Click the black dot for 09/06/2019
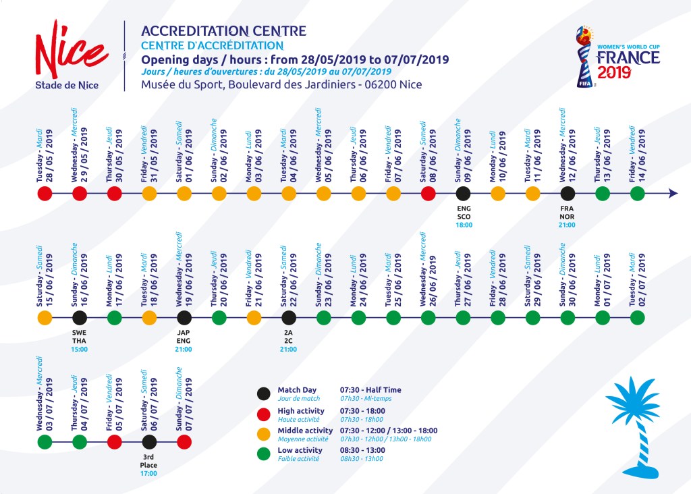tap(463, 194)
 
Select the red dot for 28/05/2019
tap(45, 194)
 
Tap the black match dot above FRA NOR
tap(568, 194)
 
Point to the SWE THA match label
tap(80, 336)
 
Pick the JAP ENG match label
tap(184, 336)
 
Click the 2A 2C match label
tap(288, 336)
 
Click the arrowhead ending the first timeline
tap(672, 194)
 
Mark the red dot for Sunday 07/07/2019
tap(184, 442)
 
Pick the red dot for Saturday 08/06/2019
tap(428, 194)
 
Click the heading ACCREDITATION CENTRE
tap(223, 31)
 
